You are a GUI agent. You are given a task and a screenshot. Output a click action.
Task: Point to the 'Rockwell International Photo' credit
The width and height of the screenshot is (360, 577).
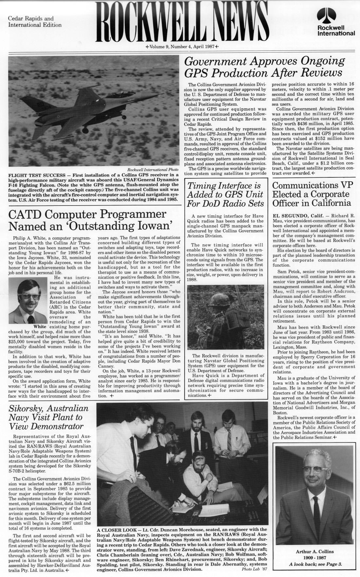pyautogui.click(x=153, y=170)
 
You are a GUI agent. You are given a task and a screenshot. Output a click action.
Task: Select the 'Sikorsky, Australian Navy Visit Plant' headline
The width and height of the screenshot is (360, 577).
pyautogui.click(x=46, y=417)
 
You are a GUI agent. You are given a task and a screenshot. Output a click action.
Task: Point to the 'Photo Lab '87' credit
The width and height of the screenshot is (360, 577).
pyautogui.click(x=251, y=569)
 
